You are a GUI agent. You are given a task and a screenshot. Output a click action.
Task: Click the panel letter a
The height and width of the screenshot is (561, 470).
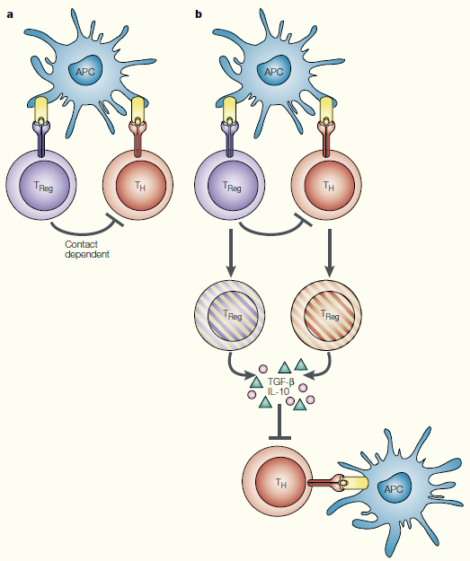10,15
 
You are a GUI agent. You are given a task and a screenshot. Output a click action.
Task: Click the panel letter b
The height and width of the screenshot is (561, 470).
199,14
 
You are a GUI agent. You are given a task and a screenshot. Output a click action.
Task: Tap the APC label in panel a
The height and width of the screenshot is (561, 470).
85,72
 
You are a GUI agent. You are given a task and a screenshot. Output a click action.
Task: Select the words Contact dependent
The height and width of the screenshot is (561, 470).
87,250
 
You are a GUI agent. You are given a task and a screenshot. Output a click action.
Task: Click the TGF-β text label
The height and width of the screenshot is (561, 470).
281,382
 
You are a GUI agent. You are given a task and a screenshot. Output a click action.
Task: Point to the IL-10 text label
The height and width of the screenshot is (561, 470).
279,391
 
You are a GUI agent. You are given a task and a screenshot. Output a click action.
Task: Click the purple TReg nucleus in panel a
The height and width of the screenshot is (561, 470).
44,186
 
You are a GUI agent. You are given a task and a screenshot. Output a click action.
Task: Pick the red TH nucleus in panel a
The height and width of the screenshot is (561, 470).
141,186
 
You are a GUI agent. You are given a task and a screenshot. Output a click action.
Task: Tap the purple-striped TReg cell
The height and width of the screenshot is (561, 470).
230,315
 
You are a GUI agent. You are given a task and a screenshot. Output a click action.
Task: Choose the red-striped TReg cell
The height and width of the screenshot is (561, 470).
327,315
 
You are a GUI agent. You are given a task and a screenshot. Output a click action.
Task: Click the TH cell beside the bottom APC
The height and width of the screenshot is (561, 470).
278,482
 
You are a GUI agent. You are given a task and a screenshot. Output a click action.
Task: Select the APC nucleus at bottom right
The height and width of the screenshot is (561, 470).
394,488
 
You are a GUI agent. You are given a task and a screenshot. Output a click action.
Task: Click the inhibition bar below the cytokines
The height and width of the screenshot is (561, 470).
279,422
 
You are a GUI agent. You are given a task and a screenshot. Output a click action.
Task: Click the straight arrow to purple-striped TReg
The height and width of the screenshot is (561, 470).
231,252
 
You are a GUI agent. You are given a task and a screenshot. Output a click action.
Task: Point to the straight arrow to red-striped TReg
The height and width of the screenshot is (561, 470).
330,252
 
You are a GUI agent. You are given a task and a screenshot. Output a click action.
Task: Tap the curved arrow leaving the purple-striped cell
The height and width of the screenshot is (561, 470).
236,369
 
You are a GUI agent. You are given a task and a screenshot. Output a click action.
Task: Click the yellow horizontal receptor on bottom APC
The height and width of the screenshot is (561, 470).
355,483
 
